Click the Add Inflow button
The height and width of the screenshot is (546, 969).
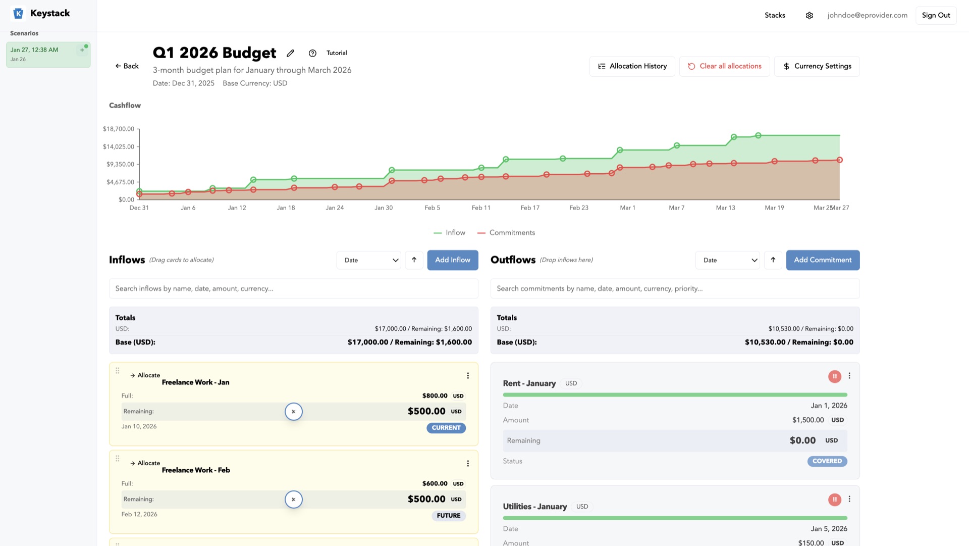452,260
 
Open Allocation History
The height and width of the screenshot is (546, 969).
632,66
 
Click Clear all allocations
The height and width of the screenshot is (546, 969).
724,66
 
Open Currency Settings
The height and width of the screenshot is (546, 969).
817,66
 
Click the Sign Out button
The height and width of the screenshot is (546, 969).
936,15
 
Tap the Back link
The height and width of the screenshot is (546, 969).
127,66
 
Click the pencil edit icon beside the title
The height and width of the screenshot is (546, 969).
290,53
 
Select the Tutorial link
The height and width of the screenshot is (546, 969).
336,53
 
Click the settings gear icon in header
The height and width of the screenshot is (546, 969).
809,16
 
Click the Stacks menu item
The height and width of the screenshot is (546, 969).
775,15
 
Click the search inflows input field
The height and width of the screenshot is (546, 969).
293,288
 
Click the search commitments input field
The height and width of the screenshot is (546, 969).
675,288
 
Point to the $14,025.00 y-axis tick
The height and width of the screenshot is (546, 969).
119,147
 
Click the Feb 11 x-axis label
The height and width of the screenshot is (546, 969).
480,208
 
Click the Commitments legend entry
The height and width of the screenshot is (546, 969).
506,233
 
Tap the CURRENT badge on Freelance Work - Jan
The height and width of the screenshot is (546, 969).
446,428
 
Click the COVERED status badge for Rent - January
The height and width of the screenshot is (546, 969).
827,461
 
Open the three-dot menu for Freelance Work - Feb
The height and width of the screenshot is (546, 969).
468,464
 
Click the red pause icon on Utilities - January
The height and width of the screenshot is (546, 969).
834,500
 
